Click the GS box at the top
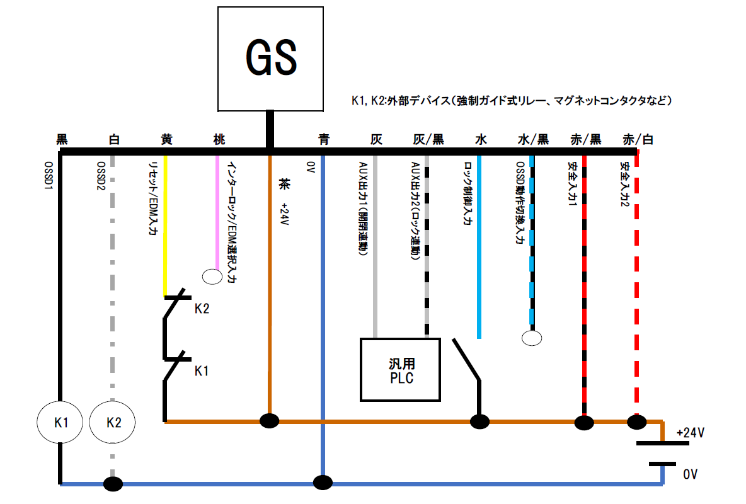[270, 58]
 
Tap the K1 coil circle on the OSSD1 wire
[61, 423]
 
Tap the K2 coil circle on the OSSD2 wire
[113, 423]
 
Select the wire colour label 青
[324, 140]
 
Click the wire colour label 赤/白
[637, 140]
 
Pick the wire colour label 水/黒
[533, 140]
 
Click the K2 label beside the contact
[202, 309]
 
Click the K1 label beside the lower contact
[202, 371]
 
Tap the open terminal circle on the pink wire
[212, 276]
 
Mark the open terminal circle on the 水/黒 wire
[532, 338]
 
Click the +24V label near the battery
[690, 433]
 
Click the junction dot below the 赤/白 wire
[636, 421]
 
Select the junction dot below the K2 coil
[113, 484]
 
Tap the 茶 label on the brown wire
[283, 185]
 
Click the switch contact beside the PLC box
[467, 360]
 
